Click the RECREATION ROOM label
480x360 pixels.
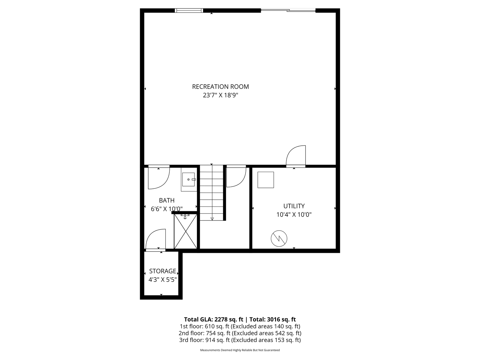[220, 87]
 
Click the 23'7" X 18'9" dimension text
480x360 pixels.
[220, 95]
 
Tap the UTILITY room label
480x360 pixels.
[294, 206]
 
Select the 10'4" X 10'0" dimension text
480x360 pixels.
[294, 215]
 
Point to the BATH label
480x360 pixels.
[167, 200]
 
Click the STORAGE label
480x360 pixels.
[162, 271]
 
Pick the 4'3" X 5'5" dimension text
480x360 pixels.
[162, 280]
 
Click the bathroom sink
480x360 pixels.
[189, 179]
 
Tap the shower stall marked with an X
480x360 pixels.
[185, 231]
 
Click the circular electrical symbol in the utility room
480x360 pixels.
[279, 239]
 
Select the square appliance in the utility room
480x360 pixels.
[266, 180]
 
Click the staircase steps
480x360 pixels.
[212, 191]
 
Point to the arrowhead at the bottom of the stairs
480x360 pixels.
[212, 219]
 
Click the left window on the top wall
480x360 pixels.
[189, 11]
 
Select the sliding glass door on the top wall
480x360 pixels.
[288, 11]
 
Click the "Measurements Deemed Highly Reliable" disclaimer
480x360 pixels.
[240, 350]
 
